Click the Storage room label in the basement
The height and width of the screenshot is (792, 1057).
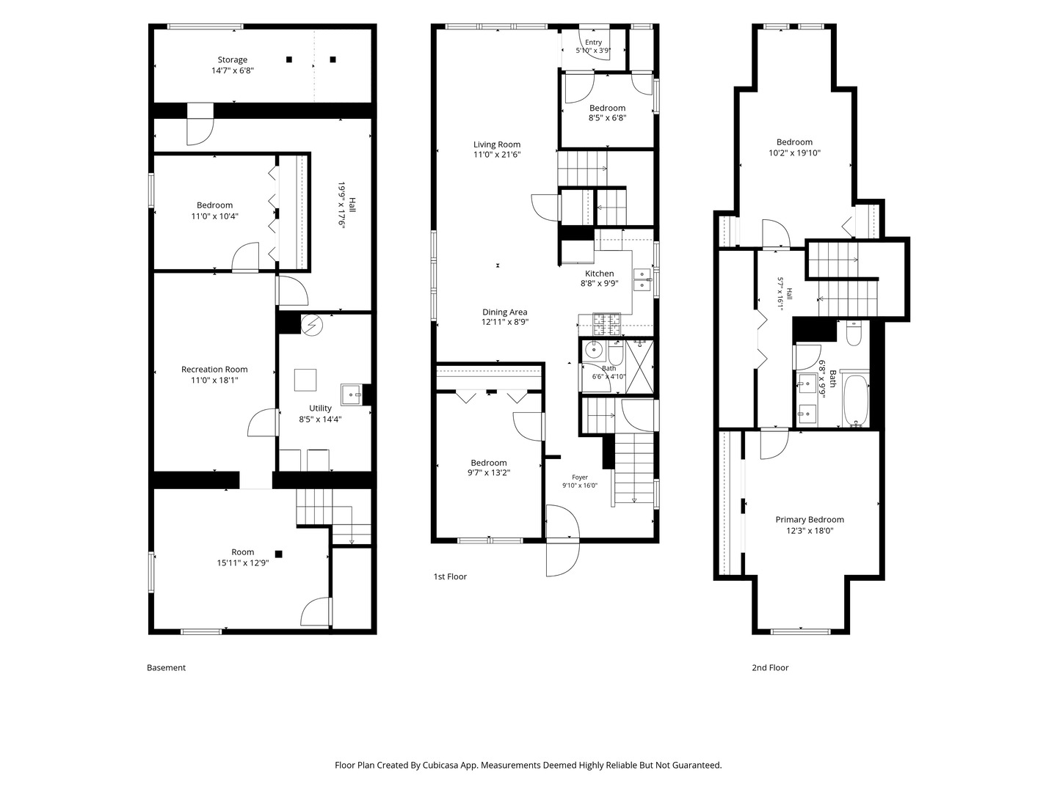click(233, 59)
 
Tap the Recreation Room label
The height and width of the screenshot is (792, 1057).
click(214, 370)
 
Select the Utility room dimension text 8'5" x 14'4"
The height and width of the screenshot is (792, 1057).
click(320, 419)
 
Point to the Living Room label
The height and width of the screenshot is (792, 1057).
click(497, 144)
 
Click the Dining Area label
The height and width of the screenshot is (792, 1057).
click(505, 312)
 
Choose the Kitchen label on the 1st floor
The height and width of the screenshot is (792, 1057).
click(600, 273)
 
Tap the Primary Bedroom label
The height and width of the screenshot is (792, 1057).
click(810, 519)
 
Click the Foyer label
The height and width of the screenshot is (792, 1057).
click(580, 477)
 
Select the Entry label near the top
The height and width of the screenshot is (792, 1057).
click(593, 43)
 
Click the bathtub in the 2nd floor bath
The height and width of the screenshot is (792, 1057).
click(855, 399)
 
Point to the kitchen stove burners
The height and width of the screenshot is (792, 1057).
click(607, 324)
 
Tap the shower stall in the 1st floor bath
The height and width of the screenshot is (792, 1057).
click(639, 367)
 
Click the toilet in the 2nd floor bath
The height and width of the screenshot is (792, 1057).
click(853, 333)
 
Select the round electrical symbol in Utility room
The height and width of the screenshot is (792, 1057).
click(311, 325)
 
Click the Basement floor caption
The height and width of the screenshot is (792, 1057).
click(166, 667)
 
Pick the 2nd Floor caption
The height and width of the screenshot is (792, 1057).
click(771, 667)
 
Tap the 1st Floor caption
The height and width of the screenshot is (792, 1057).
click(450, 576)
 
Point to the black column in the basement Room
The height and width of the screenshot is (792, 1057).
click(278, 554)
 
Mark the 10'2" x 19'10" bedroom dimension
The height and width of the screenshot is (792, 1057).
click(794, 153)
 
